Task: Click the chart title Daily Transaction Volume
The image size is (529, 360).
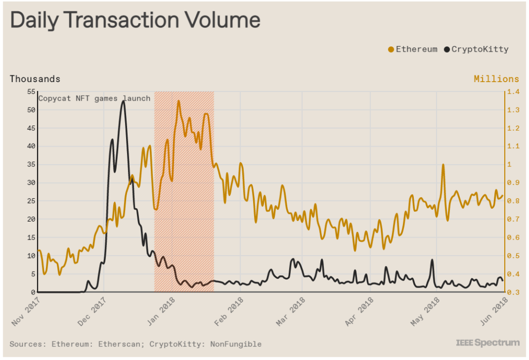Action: [135, 20]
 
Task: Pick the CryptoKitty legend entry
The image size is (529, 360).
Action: [476, 50]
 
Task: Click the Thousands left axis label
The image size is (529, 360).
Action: [35, 79]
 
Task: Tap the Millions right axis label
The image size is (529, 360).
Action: [496, 79]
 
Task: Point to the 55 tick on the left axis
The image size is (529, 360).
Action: [30, 92]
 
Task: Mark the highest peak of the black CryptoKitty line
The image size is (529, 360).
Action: [123, 102]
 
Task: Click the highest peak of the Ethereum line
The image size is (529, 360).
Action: [179, 101]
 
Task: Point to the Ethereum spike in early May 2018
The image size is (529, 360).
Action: [443, 165]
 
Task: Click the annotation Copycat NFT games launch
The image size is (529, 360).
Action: [95, 98]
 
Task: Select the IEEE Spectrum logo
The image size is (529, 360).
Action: [487, 342]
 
